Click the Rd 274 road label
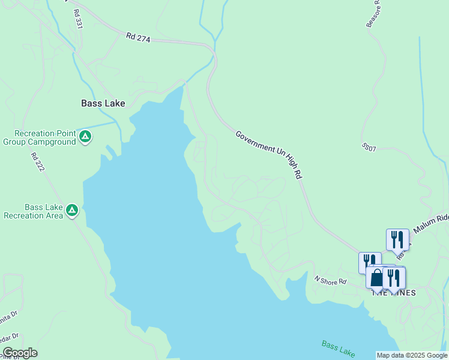tap(138, 37)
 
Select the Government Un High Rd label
tap(268, 155)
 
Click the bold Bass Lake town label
tap(103, 103)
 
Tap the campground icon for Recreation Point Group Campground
tap(85, 137)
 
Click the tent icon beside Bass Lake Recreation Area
tap(72, 210)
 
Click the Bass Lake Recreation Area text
tap(34, 211)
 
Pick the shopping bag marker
tap(376, 278)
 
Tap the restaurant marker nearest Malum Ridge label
tap(397, 240)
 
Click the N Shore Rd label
tap(331, 280)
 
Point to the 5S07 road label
tap(369, 147)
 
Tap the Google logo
tap(20, 353)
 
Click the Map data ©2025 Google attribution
tap(412, 355)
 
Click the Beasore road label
tap(374, 13)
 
